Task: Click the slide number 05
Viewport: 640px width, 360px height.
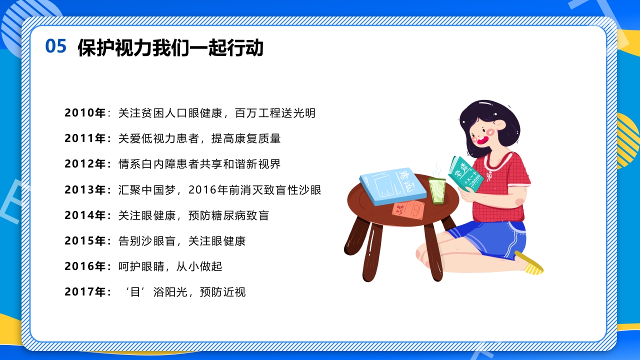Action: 55,46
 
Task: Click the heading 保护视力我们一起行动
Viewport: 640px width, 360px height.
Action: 170,48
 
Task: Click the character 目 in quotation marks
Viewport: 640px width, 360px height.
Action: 133,292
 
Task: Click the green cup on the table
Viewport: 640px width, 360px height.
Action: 437,190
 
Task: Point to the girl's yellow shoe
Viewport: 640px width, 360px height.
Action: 530,263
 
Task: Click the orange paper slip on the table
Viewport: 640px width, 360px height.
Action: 408,210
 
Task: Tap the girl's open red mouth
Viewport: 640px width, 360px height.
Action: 482,140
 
